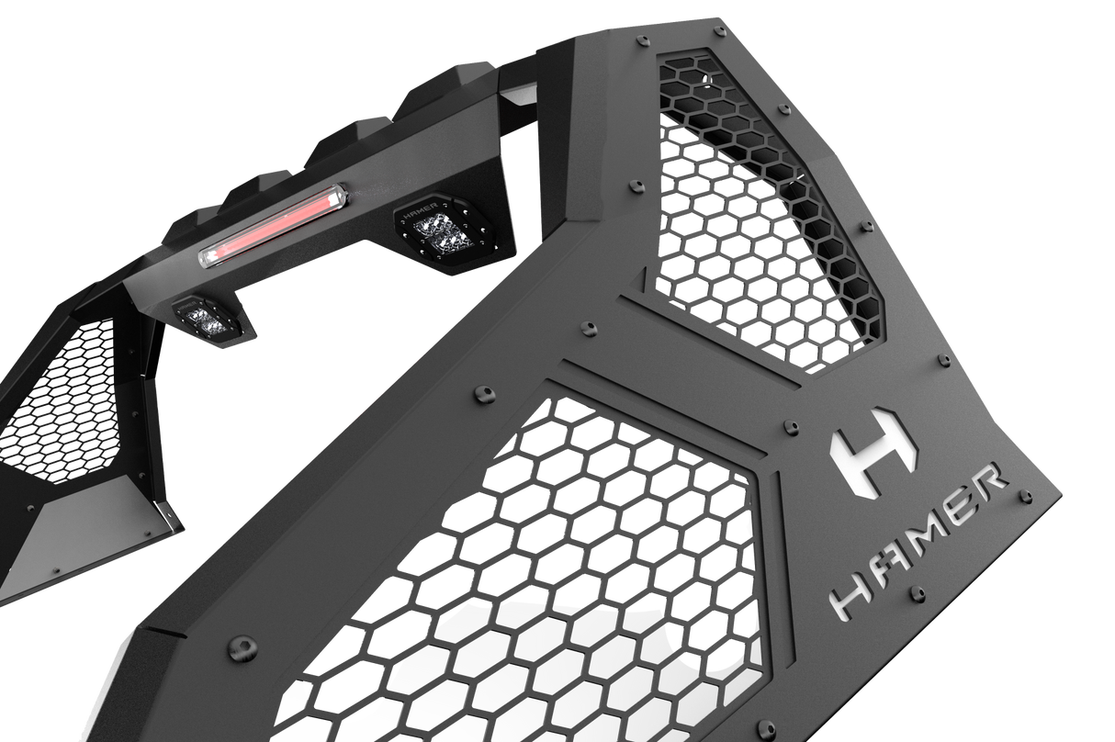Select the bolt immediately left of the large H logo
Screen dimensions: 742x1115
[787, 426]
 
